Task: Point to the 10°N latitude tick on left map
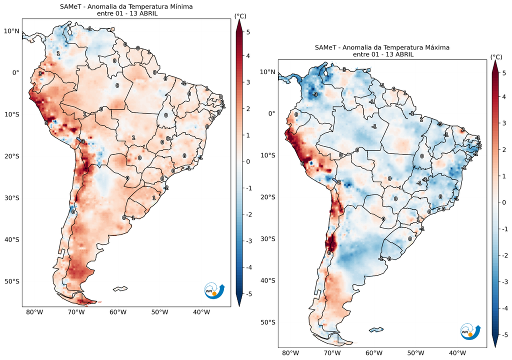pyautogui.click(x=12, y=31)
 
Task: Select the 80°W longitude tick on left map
pyautogui.click(x=33, y=312)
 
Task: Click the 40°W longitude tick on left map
pyautogui.click(x=201, y=312)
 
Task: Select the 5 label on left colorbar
pyautogui.click(x=248, y=31)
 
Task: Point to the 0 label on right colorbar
pyautogui.click(x=503, y=203)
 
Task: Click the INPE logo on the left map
pyautogui.click(x=214, y=290)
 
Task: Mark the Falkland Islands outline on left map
pyautogui.click(x=120, y=288)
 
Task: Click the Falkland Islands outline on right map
pyautogui.click(x=375, y=329)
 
